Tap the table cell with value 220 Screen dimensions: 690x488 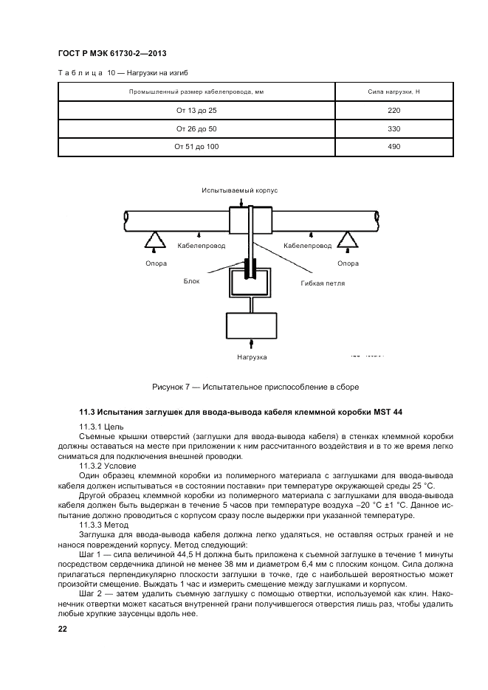[394, 111]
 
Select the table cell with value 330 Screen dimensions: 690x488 [394, 128]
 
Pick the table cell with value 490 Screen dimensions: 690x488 [394, 147]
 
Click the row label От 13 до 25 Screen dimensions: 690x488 [196, 111]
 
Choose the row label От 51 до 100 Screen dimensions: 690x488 [196, 147]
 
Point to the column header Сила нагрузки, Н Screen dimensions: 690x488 [394, 92]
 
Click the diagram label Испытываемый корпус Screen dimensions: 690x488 [239, 190]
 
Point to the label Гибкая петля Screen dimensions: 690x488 [323, 283]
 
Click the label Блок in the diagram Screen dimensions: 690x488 [192, 281]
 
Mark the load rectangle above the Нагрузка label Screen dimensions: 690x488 [252, 324]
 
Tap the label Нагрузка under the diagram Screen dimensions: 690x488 [252, 357]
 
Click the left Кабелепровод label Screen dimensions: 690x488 [202, 245]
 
